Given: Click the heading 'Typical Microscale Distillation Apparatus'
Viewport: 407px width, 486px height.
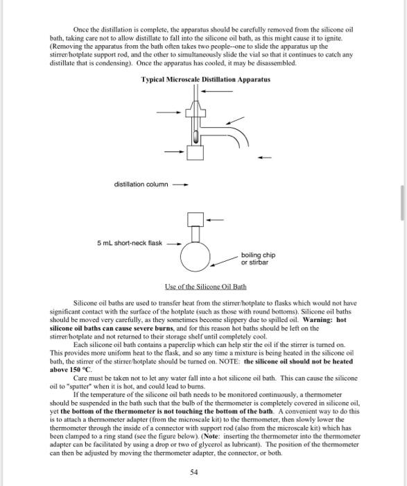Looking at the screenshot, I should click(206, 80).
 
